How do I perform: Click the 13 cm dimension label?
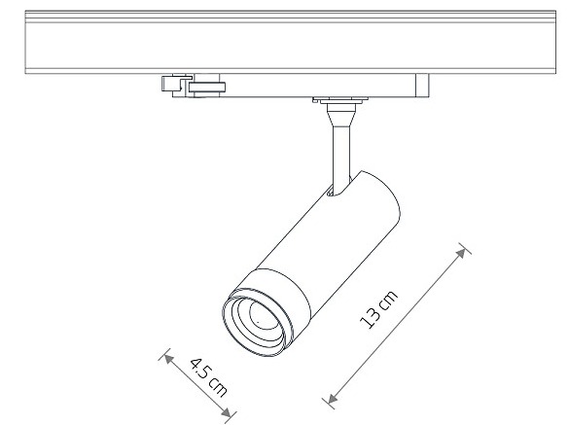tap(378, 309)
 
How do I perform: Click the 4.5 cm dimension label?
tap(208, 377)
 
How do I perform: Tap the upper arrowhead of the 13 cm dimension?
tap(461, 253)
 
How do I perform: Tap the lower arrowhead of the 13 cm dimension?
tap(332, 399)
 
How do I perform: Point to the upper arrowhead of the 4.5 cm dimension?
tap(167, 359)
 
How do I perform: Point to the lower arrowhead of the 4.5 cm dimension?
tap(227, 413)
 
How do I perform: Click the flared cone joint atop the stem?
tap(341, 115)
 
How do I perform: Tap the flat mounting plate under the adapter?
tap(340, 99)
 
